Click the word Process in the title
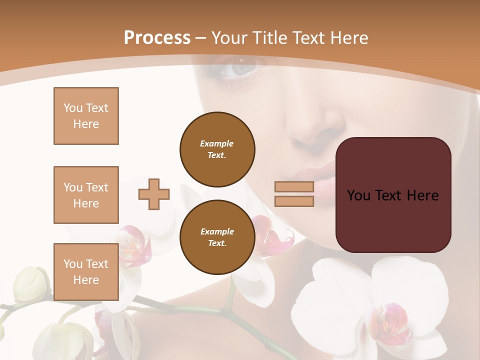(157, 38)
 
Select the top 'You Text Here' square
(86, 116)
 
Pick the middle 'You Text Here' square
(86, 195)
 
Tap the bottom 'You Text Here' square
(86, 272)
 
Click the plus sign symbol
(154, 194)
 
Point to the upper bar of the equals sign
(294, 186)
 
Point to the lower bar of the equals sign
(294, 201)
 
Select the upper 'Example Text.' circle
(217, 149)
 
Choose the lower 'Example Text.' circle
(217, 237)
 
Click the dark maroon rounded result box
(393, 195)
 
